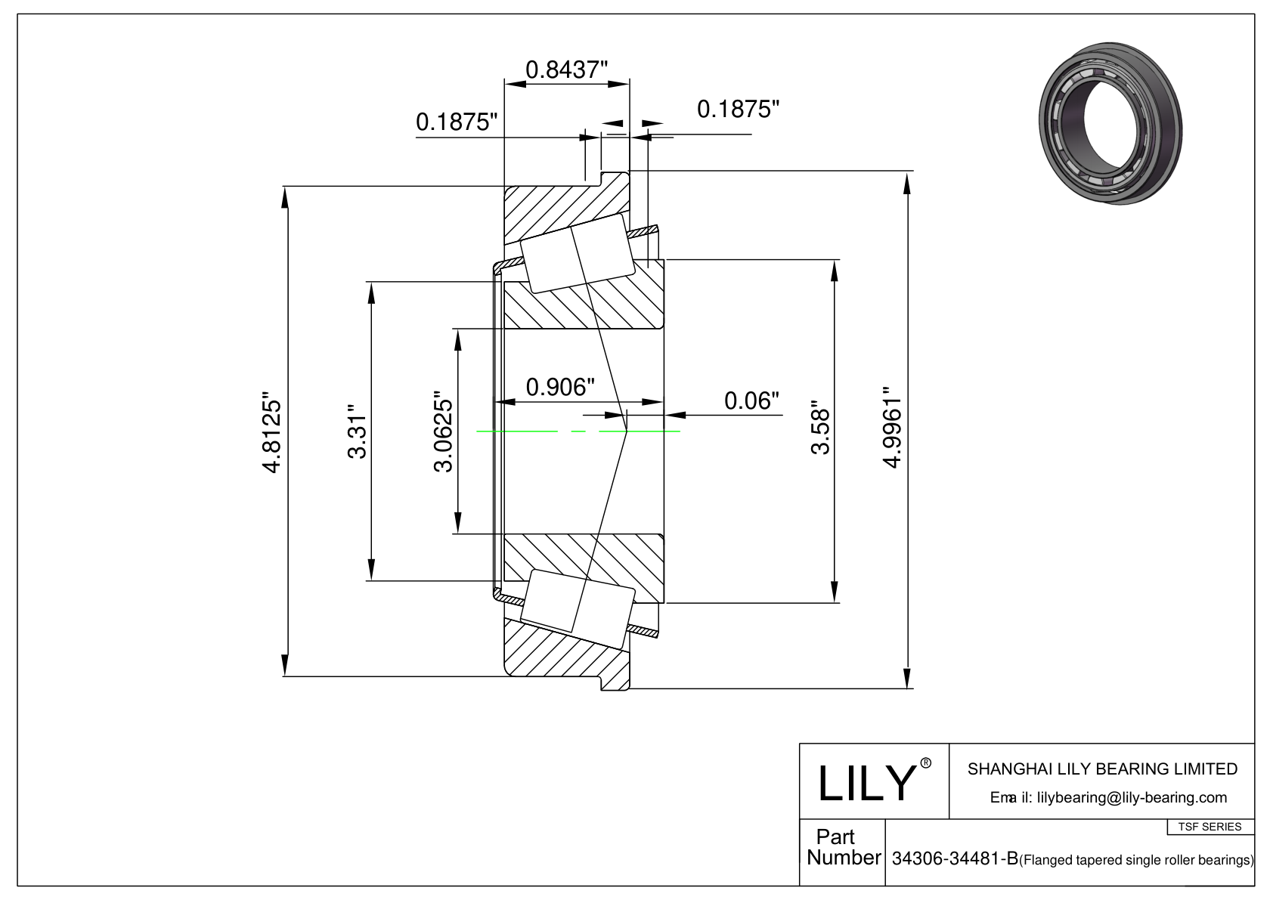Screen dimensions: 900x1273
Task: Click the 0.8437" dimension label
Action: (x=566, y=70)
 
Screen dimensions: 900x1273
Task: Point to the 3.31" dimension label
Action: (x=357, y=436)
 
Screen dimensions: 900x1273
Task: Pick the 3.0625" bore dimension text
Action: (x=444, y=431)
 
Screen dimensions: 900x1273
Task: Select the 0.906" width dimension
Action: (x=556, y=387)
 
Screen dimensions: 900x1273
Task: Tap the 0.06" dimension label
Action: (x=751, y=400)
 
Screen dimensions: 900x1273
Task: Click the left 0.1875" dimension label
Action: (x=457, y=122)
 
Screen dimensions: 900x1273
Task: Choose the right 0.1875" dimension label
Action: (x=738, y=110)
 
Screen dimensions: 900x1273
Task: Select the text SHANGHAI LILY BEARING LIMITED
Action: (x=1102, y=769)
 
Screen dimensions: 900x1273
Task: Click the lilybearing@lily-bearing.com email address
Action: (x=1132, y=797)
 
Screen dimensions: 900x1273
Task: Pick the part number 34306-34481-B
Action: (x=954, y=859)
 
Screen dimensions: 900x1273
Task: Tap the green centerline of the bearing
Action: (x=529, y=431)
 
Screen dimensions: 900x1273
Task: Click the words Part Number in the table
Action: (x=842, y=847)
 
